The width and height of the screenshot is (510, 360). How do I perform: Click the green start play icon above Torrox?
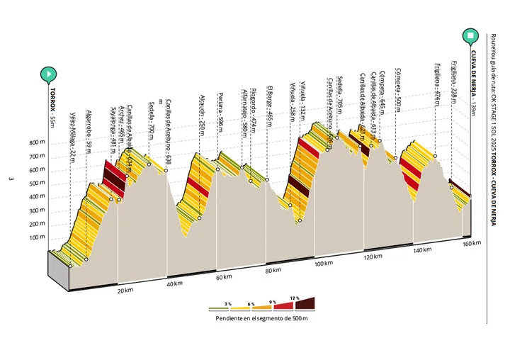click(48, 73)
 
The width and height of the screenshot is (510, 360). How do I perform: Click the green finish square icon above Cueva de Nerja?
click(470, 35)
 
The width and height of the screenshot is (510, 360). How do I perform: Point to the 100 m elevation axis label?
click(38, 237)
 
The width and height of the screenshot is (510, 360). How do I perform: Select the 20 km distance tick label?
click(125, 290)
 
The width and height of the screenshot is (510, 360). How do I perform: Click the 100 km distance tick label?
click(323, 264)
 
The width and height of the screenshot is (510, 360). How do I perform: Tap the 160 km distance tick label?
click(472, 243)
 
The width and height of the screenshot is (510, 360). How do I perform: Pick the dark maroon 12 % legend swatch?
click(305, 305)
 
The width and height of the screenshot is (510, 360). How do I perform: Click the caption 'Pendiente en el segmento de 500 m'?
click(261, 319)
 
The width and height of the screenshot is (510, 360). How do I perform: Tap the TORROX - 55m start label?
click(52, 106)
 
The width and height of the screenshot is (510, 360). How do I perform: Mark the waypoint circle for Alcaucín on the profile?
click(200, 218)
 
